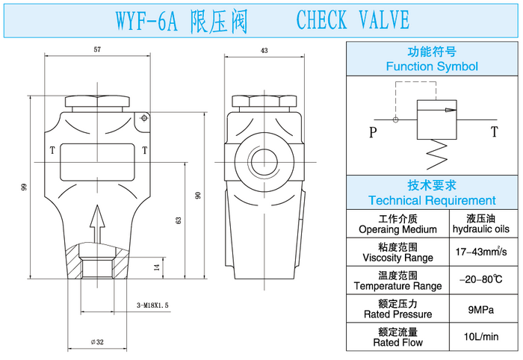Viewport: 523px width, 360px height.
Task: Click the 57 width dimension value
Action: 97,49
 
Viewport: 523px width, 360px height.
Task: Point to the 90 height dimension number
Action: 199,195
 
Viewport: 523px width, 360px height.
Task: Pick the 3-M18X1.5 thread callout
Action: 153,305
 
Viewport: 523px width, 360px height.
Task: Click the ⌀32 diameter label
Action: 97,341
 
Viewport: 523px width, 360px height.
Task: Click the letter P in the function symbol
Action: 372,133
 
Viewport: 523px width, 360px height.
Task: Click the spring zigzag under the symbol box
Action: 436,154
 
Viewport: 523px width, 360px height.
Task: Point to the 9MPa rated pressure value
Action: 480,309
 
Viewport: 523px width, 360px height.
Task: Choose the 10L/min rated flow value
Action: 480,337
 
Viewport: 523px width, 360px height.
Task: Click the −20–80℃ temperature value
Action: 480,281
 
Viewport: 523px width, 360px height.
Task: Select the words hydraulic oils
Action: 480,229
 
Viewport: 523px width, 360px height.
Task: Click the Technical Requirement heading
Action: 432,200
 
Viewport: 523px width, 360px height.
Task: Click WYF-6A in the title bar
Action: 146,20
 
